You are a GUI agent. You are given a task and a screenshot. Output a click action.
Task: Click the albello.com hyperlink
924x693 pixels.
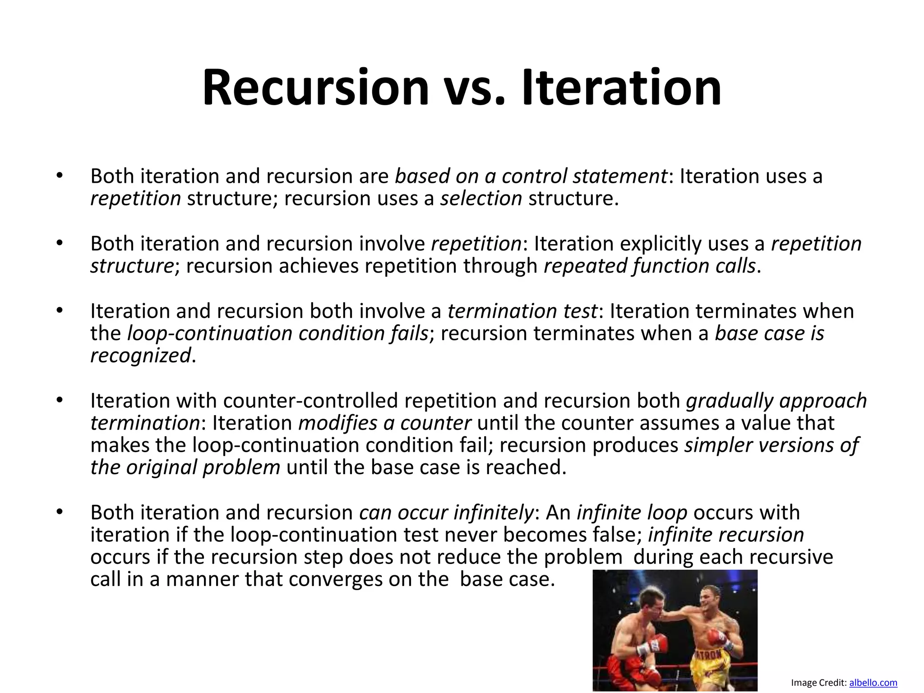[x=873, y=683]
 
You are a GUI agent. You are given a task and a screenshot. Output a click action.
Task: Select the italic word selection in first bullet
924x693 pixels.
[x=481, y=199]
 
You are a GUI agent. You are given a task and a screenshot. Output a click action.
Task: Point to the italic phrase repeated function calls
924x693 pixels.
[x=649, y=266]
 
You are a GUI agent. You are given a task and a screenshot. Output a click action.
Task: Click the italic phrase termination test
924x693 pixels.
[x=522, y=311]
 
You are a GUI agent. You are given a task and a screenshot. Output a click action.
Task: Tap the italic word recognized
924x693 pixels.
[x=140, y=356]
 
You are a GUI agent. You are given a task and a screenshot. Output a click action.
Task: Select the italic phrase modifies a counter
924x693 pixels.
[x=385, y=423]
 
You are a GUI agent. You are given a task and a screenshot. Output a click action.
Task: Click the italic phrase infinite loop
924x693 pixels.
[x=632, y=513]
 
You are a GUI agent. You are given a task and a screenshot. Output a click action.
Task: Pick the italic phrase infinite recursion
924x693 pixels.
[x=726, y=535]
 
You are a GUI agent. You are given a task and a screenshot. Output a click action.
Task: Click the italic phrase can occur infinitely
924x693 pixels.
[x=446, y=513]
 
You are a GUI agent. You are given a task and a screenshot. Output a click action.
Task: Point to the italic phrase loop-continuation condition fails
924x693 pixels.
[x=277, y=333]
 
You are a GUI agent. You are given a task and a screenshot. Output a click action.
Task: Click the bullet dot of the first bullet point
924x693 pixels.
[x=59, y=176]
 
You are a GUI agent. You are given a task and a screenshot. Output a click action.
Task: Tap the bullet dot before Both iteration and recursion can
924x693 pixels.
[x=59, y=513]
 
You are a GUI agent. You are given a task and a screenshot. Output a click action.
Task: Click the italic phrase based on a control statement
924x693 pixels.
[x=531, y=176]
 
